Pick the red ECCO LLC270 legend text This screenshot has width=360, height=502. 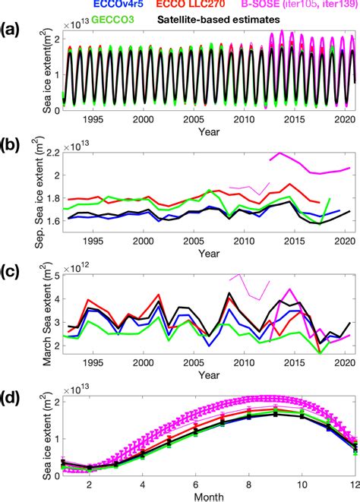pos(168,5)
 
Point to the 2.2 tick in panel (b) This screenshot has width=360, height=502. pos(52,153)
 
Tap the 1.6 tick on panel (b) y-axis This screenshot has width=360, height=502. pos(52,222)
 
